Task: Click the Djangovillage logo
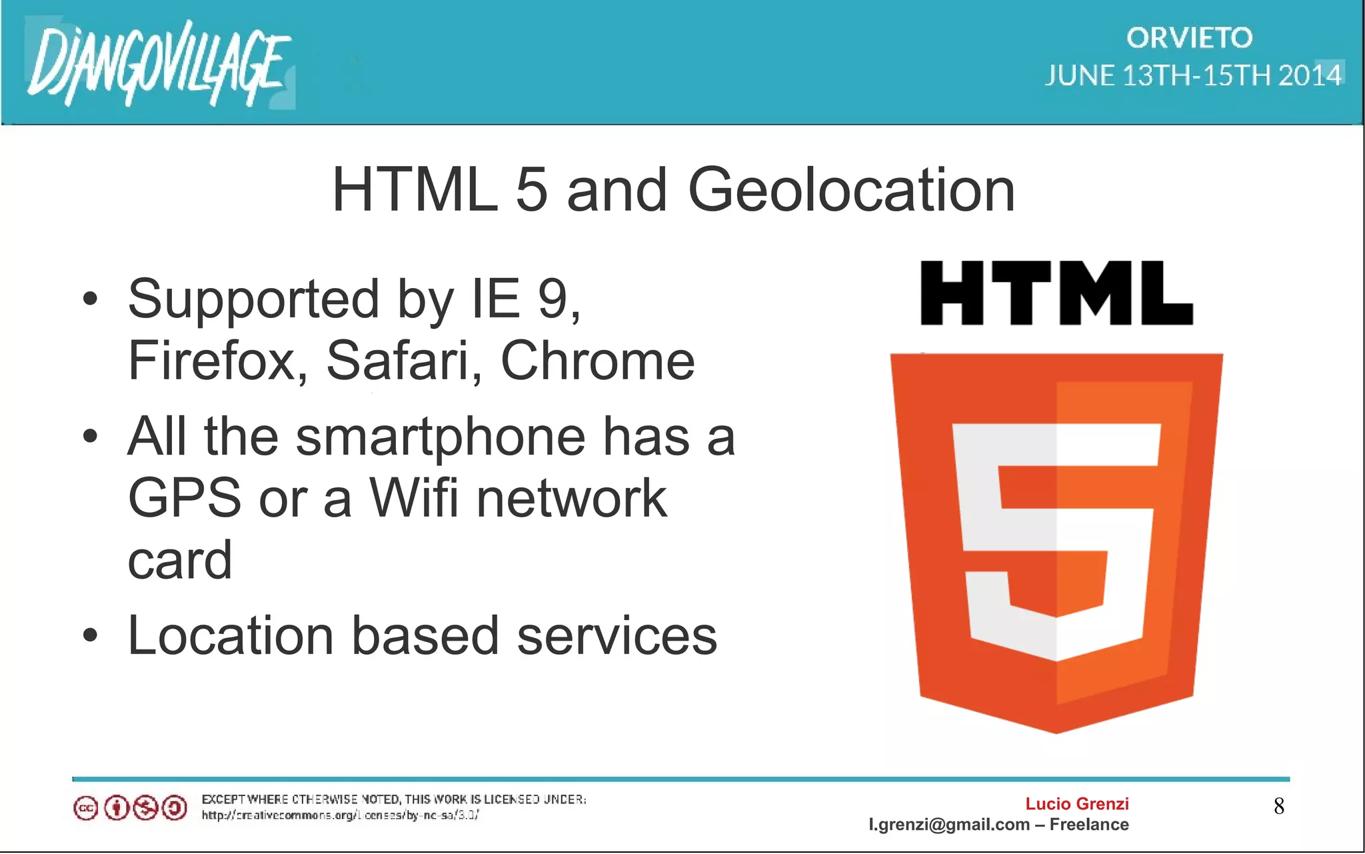(159, 63)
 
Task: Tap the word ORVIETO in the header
(1190, 38)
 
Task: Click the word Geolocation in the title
(851, 191)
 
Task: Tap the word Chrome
(597, 361)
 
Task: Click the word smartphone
(441, 437)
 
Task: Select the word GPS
(184, 498)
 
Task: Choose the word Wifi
(414, 498)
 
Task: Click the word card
(180, 560)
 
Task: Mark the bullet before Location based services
(91, 636)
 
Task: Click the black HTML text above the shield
(1056, 293)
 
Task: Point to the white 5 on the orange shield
(1056, 540)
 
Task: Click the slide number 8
(1279, 807)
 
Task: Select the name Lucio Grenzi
(1076, 804)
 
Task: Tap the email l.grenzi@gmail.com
(949, 825)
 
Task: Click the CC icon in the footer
(86, 809)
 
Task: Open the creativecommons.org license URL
(340, 815)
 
